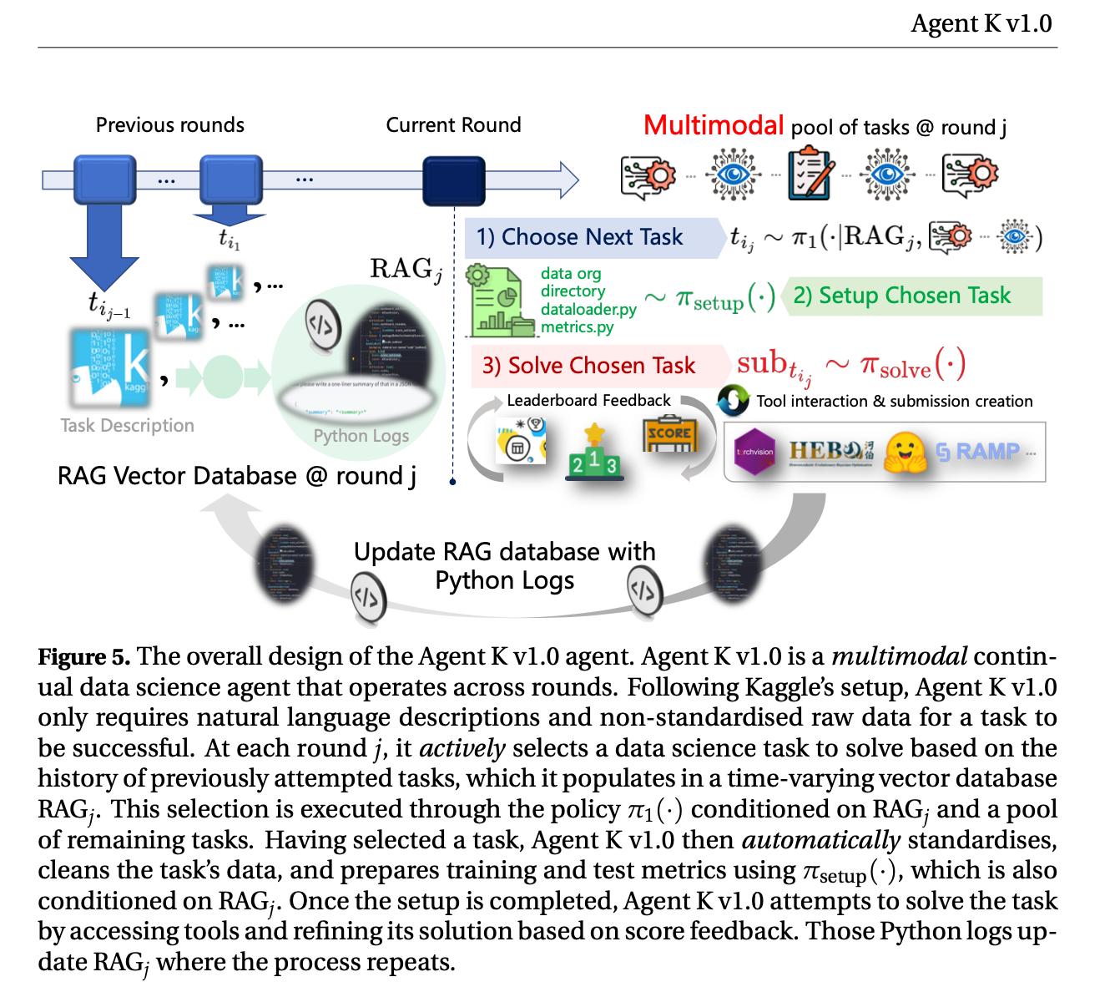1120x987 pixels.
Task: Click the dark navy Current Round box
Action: point(453,180)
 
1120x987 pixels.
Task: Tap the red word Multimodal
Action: point(714,126)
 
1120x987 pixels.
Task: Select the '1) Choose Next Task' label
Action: point(579,238)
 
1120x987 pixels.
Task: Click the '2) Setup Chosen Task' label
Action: point(901,296)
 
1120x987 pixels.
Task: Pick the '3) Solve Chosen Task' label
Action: point(588,366)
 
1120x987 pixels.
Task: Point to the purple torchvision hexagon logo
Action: point(754,452)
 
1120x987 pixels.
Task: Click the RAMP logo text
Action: point(978,452)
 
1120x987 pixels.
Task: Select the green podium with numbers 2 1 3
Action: point(593,455)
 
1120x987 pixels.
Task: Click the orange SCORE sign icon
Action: point(668,433)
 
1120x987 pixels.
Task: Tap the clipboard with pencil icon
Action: point(810,174)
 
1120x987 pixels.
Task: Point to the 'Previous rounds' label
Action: point(170,125)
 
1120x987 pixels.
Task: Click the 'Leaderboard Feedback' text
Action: point(588,401)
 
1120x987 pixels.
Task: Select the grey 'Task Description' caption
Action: point(127,426)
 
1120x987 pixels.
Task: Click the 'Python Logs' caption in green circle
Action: point(361,436)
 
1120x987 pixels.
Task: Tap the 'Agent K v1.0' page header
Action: point(981,23)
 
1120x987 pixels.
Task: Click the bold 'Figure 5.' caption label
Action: point(84,657)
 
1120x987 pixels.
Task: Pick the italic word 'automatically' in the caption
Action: point(821,840)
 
